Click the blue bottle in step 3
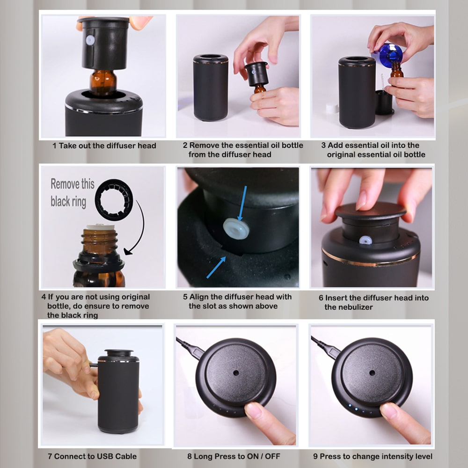[389, 54]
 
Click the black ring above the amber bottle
[114, 200]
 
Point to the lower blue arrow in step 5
[216, 267]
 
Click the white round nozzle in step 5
[236, 229]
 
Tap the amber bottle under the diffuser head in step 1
[103, 82]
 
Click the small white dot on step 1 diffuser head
[90, 40]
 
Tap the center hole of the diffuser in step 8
[236, 373]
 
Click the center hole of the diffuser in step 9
[372, 373]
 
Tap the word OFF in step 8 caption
[272, 456]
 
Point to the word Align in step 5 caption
[199, 297]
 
